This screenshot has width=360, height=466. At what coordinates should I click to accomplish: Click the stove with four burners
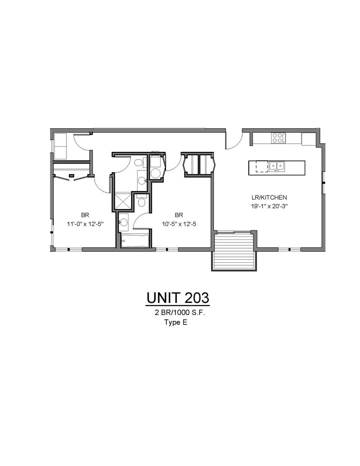279,138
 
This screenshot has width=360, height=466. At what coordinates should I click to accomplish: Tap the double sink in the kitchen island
276,167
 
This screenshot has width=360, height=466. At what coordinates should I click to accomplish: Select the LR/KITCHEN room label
268,197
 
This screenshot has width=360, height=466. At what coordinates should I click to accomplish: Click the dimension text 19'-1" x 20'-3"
268,207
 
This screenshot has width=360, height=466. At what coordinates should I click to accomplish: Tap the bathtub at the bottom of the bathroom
135,241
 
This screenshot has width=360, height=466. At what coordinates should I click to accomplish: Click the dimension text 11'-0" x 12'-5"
85,224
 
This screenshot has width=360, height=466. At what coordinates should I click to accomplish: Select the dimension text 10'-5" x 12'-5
179,224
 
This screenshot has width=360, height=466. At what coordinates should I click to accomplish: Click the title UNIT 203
178,298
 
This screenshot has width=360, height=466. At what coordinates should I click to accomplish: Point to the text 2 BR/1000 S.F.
180,313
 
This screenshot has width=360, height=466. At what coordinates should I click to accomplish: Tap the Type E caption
176,323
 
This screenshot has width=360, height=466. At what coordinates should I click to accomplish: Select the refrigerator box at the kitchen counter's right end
309,139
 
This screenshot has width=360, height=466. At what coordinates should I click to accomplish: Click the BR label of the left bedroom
85,215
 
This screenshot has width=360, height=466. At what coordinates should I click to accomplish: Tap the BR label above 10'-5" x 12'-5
179,215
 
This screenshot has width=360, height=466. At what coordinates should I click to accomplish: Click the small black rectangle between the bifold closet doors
71,176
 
